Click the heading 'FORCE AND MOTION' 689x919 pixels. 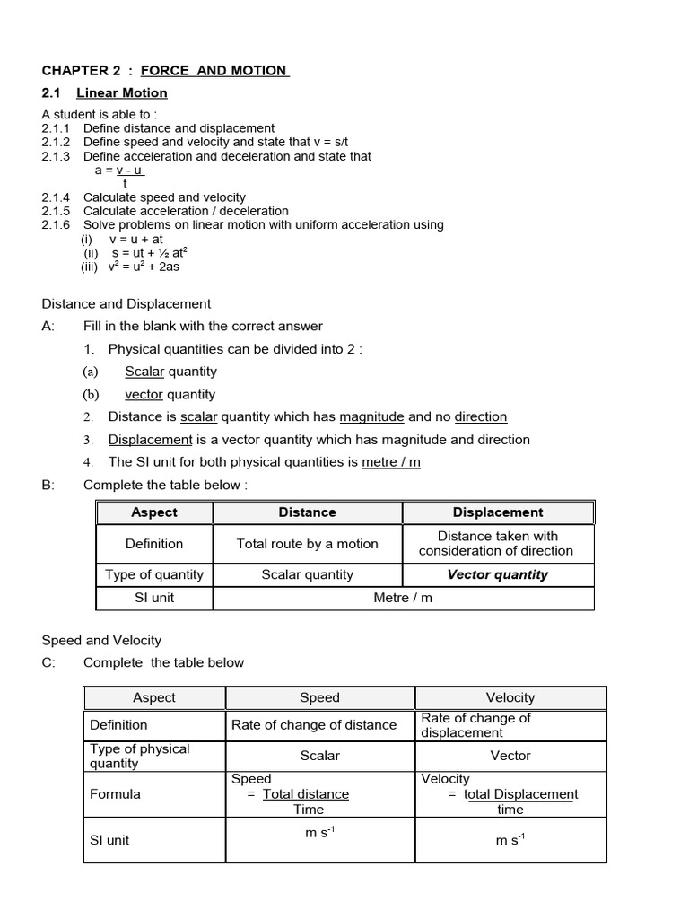pos(214,70)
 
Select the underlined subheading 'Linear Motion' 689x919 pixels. pos(122,92)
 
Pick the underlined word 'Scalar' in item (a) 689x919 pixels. pos(144,372)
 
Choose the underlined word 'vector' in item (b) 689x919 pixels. pos(144,394)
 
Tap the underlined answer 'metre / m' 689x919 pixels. pos(390,462)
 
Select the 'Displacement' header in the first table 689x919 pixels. pos(498,512)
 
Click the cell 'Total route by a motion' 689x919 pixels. pos(307,544)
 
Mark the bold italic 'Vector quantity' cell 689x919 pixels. pos(498,574)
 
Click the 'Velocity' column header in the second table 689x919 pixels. pos(510,697)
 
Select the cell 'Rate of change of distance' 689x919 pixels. pos(314,725)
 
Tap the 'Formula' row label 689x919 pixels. pos(115,794)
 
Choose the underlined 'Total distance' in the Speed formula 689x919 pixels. pos(306,794)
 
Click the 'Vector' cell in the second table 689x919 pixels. pos(510,756)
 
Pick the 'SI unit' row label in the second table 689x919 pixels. pos(109,840)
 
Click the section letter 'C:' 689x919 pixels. pos(48,662)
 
